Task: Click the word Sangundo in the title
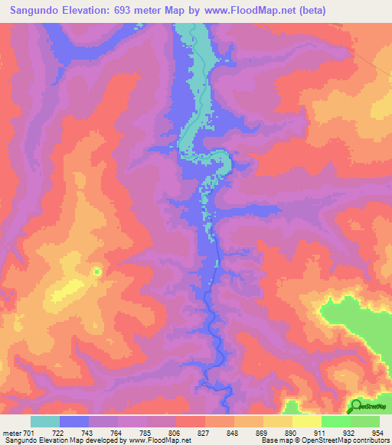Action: [36, 11]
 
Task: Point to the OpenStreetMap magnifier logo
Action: [356, 406]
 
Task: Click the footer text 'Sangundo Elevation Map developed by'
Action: [60, 440]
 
